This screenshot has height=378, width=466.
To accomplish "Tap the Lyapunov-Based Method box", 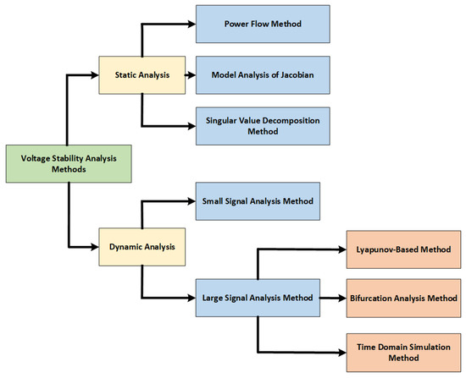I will coord(402,252).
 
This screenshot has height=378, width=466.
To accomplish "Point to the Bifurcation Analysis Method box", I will coord(402,299).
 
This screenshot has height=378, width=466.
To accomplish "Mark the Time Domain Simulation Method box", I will coord(402,348).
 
